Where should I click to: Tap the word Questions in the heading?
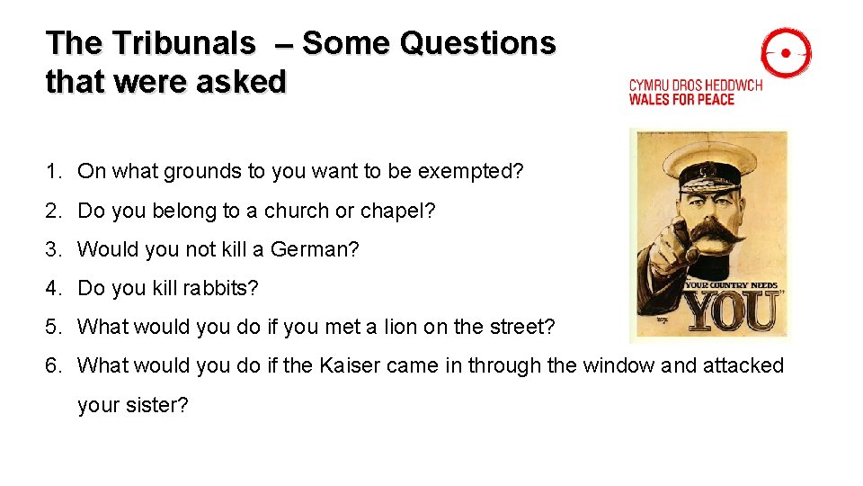(478, 43)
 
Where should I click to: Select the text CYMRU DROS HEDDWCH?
(695, 85)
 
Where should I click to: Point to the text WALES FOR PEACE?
(681, 99)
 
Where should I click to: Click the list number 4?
(53, 288)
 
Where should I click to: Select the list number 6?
(53, 365)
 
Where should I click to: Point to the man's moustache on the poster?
(715, 233)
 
